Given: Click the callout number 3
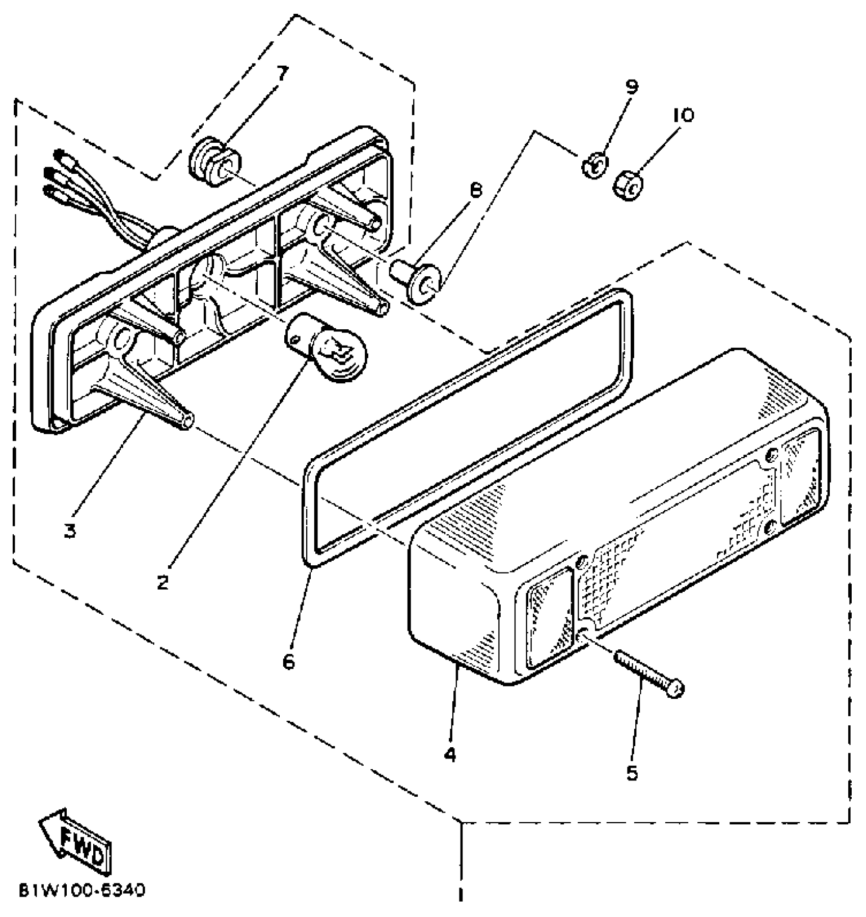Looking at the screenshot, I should click(70, 531).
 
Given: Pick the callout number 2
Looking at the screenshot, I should click(163, 582).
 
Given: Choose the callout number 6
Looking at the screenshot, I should click(288, 662).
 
